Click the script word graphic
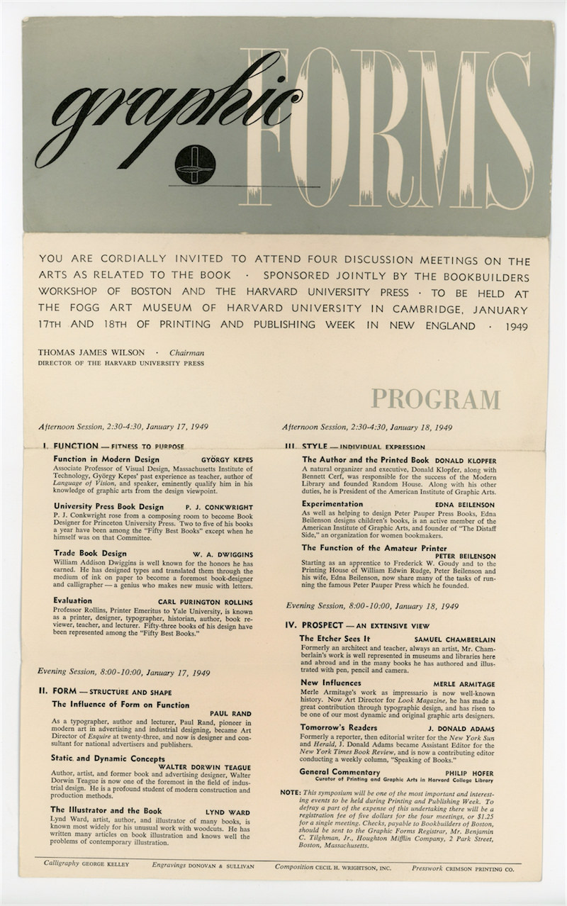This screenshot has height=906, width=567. [x=163, y=106]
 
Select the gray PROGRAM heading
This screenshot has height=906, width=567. [x=435, y=399]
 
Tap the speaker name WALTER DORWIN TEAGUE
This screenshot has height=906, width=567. [x=206, y=766]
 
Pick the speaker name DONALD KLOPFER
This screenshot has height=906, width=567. [x=466, y=459]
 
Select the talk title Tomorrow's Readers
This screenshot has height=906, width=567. [x=337, y=728]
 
